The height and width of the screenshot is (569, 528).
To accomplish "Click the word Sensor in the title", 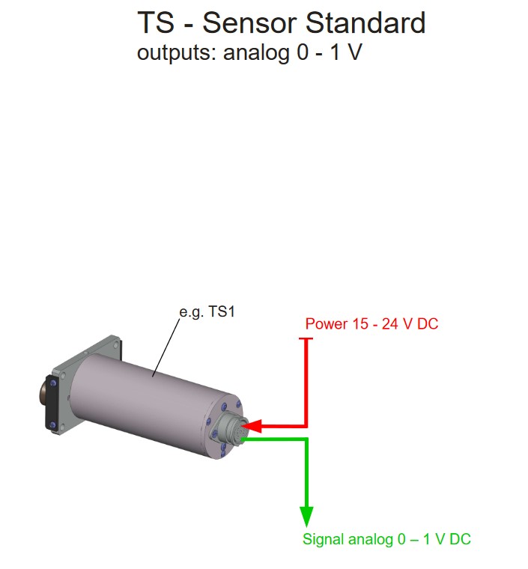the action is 250,23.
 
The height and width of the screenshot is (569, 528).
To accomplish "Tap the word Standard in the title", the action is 365,23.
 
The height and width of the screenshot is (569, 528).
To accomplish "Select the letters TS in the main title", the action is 156,23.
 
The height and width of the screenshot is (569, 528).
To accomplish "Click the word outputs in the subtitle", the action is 177,53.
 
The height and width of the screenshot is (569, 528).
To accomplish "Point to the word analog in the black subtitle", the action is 256,53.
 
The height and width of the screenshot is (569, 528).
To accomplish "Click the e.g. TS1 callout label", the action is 207,312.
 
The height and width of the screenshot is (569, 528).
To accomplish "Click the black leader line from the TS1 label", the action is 166,348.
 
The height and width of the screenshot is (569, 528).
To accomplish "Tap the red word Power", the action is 327,323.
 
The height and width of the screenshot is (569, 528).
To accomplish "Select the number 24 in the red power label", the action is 389,323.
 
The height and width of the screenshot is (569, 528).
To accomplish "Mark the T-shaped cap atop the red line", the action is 306,339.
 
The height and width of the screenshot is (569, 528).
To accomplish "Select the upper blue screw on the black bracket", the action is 54,383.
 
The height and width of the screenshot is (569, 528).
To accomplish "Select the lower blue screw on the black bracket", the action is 53,425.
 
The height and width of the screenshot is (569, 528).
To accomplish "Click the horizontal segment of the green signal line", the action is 275,439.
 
